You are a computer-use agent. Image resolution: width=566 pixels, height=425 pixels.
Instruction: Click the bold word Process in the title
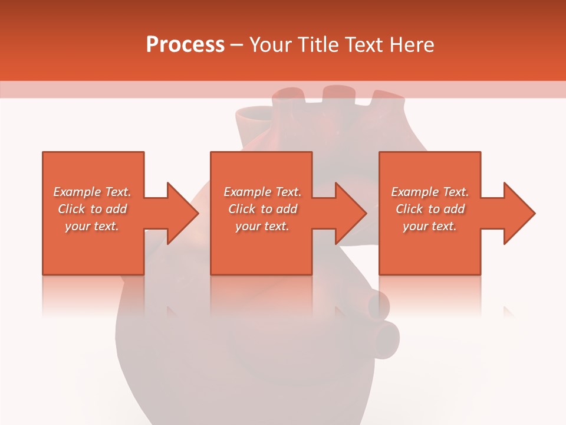coord(185,45)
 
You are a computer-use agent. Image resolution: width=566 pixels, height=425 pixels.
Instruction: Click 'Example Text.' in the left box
coord(92,192)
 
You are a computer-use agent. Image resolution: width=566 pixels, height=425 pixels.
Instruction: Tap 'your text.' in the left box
coord(92,226)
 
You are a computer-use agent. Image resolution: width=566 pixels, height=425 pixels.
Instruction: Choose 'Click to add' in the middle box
coord(262,209)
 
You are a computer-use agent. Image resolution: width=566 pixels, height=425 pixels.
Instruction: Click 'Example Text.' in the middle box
coord(262,192)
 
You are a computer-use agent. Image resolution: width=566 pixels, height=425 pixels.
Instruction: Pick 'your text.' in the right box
coord(430,226)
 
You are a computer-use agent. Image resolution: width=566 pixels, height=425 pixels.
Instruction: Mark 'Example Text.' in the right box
coord(430,192)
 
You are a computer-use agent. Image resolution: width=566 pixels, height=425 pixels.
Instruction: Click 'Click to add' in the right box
coord(430,209)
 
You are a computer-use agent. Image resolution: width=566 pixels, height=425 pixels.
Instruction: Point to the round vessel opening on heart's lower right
coord(386,339)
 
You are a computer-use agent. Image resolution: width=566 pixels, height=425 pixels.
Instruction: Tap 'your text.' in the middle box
coord(262,226)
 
